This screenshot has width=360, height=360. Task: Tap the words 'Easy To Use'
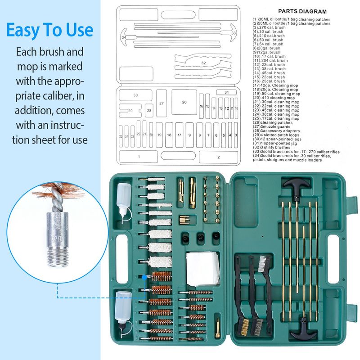click(49, 30)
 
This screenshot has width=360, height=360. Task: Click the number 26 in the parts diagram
click(184, 102)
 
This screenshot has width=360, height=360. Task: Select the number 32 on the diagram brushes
click(203, 63)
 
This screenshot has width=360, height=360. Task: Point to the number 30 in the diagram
click(135, 95)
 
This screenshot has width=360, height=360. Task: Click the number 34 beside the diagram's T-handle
click(123, 37)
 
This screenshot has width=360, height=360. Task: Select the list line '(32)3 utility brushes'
click(276, 148)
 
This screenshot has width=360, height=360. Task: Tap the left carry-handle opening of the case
click(121, 254)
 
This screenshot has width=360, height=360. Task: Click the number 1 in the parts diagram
click(139, 156)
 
